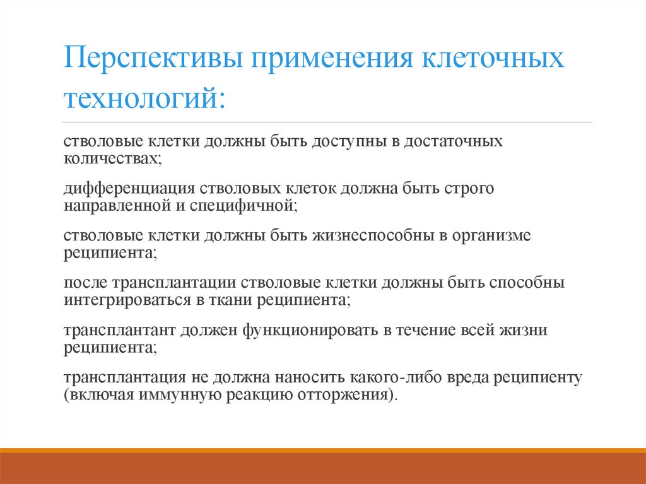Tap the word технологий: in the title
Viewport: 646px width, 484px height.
[x=144, y=98]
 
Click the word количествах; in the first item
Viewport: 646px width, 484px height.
[x=112, y=158]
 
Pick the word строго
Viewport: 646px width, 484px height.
[x=469, y=188]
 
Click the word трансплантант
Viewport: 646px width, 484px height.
[x=120, y=330]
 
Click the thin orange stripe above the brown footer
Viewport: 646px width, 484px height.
[x=323, y=450]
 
